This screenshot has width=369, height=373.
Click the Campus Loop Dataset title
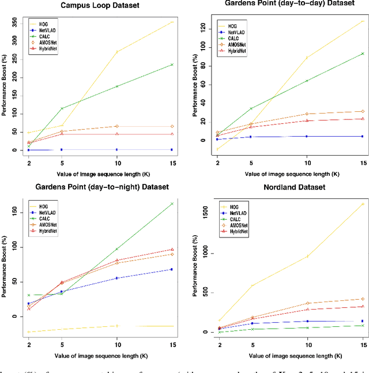(96, 6)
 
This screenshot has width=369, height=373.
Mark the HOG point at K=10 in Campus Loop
(117, 52)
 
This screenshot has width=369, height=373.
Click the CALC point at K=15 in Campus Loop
(172, 65)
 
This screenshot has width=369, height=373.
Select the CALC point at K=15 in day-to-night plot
(172, 204)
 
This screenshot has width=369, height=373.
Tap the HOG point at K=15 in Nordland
(363, 204)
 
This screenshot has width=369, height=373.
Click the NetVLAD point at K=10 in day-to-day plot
(307, 136)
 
